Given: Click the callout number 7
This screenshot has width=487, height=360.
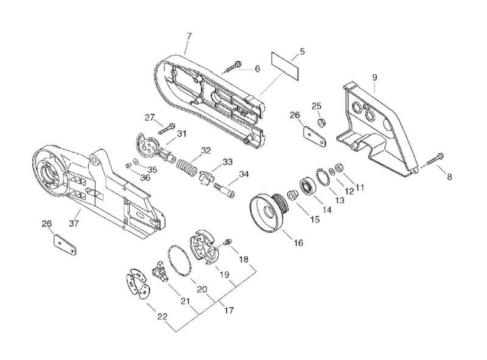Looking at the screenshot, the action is coord(189,37).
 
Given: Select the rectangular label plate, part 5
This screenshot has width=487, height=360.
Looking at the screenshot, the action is coord(285,65).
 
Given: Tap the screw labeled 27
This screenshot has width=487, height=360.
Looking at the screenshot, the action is coord(167,129).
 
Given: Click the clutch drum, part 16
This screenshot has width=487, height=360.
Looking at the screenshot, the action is coord(269,211).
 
